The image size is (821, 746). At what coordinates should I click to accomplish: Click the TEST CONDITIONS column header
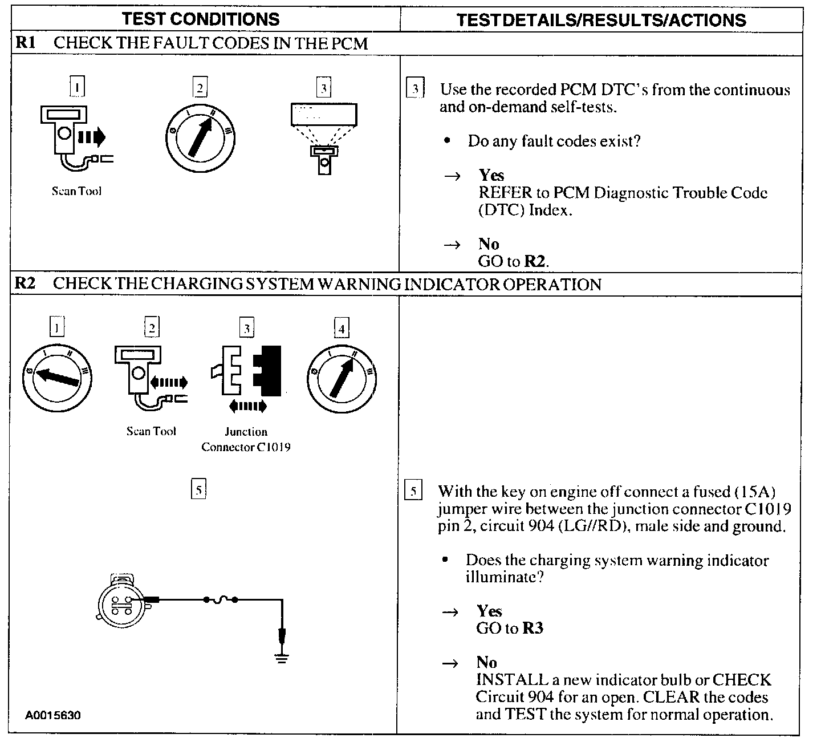coord(201,19)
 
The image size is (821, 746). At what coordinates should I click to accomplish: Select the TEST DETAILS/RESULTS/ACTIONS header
coord(601,21)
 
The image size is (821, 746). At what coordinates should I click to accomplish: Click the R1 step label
coord(25,43)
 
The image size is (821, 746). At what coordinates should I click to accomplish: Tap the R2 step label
coord(25,283)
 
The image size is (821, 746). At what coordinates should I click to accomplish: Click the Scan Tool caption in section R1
coord(76,192)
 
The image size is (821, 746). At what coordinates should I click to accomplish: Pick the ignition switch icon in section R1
coord(200,137)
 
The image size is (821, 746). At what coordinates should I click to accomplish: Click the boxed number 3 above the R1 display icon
coord(324,88)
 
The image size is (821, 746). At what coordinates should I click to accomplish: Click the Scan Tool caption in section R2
coord(151,432)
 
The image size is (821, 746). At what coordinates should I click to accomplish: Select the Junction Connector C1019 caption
coord(246,439)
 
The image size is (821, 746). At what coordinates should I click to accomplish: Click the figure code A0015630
coord(52,715)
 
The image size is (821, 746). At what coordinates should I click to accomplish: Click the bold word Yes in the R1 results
coord(491,175)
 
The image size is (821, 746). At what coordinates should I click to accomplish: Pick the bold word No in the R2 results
coord(486,662)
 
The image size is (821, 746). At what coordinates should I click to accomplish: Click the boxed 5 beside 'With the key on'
coord(413,491)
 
